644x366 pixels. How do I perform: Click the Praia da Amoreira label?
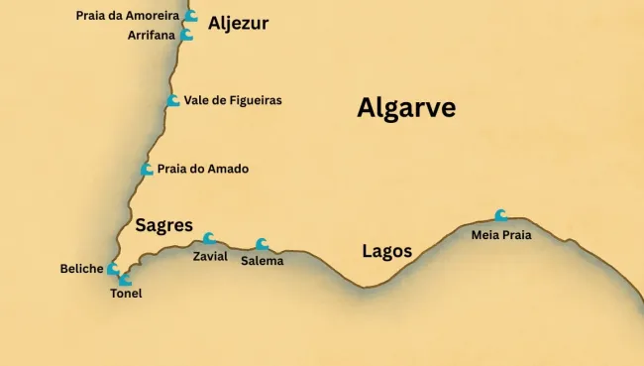(127, 16)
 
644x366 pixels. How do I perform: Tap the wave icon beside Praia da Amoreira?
(190, 16)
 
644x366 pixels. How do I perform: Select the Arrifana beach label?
(152, 35)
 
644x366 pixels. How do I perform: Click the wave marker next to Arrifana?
(186, 35)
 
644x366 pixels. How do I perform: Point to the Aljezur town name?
(238, 23)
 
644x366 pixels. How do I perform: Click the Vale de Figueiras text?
(233, 100)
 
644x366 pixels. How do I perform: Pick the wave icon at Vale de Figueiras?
(173, 100)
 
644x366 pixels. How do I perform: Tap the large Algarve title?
(406, 108)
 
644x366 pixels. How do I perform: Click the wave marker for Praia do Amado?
(147, 170)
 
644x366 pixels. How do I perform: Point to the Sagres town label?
(163, 225)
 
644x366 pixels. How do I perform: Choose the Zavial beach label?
(210, 256)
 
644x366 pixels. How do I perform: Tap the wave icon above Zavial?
(208, 238)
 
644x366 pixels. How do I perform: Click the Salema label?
(262, 261)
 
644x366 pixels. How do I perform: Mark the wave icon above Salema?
(262, 244)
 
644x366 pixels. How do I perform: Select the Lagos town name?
(386, 251)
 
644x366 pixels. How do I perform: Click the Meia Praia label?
(501, 235)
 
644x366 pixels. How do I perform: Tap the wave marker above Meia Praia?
(501, 215)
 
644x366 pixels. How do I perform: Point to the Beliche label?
(81, 269)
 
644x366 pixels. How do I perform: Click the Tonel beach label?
(126, 294)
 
